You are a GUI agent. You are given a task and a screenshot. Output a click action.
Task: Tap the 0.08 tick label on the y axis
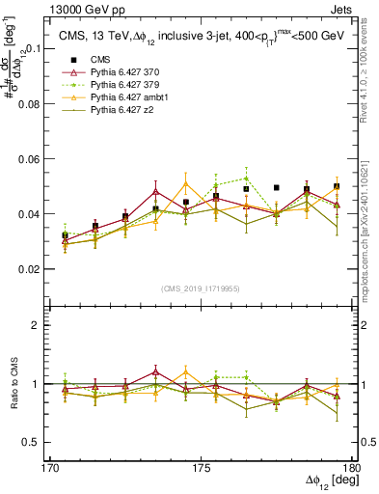click(x=38, y=103)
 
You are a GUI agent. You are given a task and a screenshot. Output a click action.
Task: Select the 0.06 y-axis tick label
click(x=38, y=158)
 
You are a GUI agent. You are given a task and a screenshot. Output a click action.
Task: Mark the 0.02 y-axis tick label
click(x=38, y=269)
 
